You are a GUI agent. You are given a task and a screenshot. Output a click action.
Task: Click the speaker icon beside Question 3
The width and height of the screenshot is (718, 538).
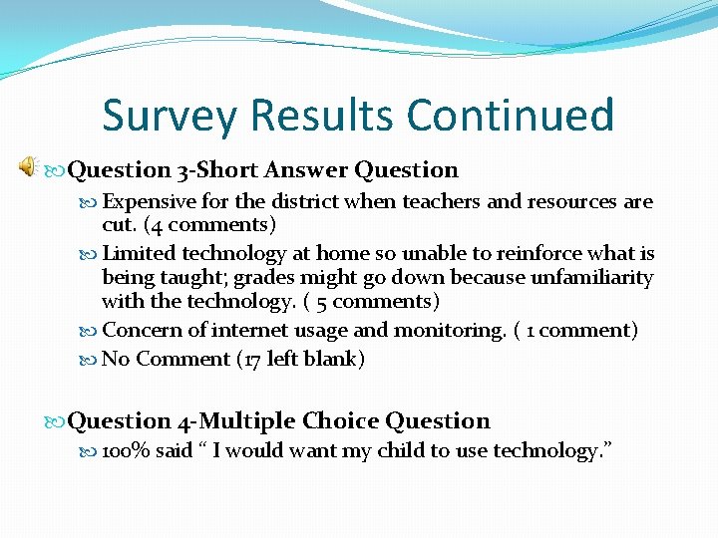click(28, 168)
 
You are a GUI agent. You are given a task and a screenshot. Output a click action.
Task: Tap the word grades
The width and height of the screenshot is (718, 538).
click(264, 277)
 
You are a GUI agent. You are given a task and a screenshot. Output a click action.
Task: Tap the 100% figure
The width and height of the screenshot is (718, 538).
click(126, 451)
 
